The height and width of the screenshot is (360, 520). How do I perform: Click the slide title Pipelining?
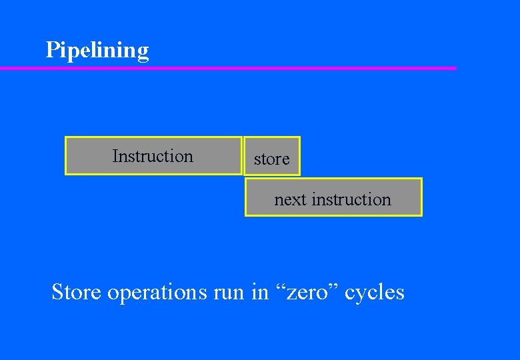97,51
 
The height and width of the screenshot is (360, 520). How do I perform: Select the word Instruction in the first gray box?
153,156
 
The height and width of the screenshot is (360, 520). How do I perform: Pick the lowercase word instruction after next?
351,199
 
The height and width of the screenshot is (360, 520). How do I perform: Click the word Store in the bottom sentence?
77,292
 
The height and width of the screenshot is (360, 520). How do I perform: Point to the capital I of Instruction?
115,156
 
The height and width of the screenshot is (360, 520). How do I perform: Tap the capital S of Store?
58,292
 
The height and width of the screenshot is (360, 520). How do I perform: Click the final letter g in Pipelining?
143,53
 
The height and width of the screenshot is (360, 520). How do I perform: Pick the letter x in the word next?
297,200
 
